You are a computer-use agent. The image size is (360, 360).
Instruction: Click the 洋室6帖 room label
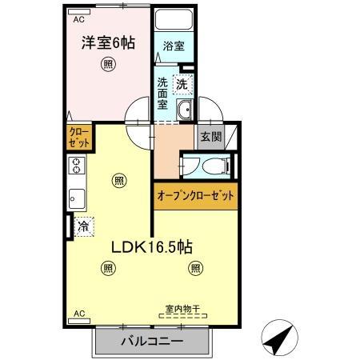tap(106, 42)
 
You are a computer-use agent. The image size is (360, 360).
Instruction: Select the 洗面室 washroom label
tap(162, 92)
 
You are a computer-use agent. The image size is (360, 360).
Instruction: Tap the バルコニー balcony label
tap(152, 342)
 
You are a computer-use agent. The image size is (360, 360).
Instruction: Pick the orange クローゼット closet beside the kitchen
tap(78, 136)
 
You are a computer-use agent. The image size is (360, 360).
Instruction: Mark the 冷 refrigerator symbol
tap(83, 227)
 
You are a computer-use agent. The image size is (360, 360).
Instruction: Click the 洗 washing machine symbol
tap(182, 82)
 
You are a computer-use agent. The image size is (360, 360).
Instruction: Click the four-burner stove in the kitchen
tap(76, 166)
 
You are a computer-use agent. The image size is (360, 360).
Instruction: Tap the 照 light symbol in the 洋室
tap(106, 66)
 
